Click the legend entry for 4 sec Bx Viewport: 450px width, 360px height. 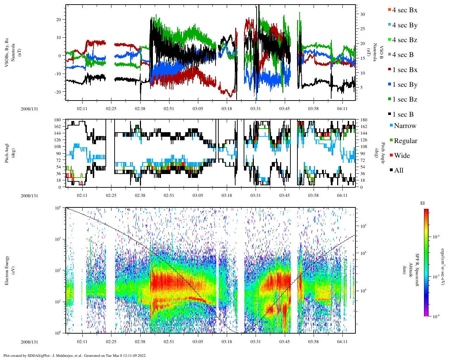pos(405,10)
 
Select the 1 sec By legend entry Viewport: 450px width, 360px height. pos(405,85)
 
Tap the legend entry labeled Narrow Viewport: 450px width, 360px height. pos(405,126)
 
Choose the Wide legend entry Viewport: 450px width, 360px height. pos(402,156)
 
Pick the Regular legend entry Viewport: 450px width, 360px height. pos(405,141)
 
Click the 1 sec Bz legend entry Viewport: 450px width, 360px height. pos(405,99)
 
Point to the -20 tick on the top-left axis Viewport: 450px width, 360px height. pos(58,92)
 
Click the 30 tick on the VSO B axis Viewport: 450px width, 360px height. pos(362,14)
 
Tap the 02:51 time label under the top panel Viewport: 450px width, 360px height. pos(169,109)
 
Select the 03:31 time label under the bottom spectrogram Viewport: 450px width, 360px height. pos(256,342)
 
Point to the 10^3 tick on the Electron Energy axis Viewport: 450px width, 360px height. pos(58,239)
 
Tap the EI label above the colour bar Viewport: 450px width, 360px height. pos(423,203)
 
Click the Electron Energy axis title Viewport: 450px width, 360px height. pos(7,270)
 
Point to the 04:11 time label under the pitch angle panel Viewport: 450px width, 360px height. pos(342,195)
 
